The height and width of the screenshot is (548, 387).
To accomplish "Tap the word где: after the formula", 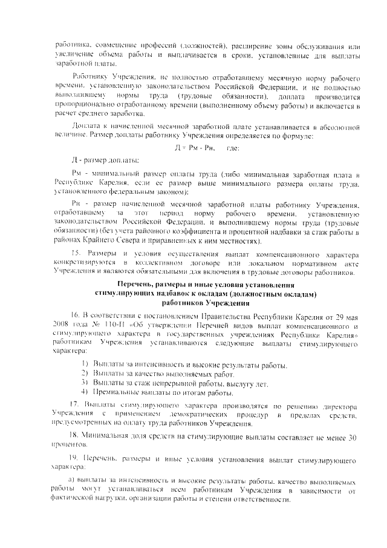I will [233, 149].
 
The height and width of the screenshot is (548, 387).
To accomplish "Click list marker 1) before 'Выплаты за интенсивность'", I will [85, 364].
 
